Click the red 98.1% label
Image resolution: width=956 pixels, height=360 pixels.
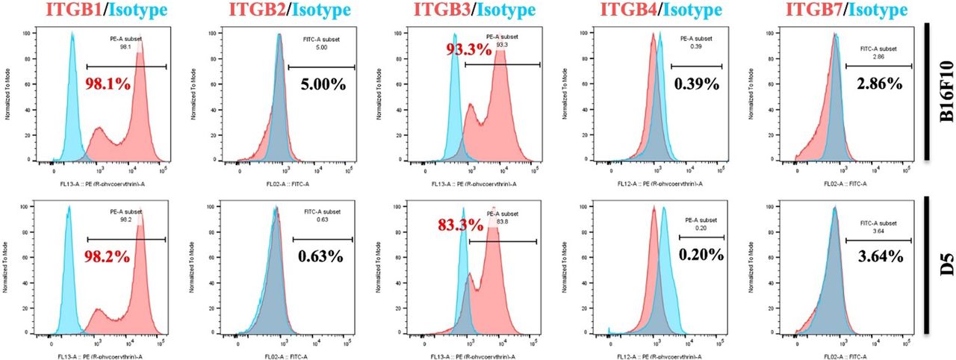107,83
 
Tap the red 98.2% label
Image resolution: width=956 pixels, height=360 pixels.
107,255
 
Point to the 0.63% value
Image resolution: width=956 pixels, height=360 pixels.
321,256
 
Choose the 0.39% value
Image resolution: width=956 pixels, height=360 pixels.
696,84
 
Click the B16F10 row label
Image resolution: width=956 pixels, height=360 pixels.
943,91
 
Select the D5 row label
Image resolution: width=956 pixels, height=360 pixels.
943,264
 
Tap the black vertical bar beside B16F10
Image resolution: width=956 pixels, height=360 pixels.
925,91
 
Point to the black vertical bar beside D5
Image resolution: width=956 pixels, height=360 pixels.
925,264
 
